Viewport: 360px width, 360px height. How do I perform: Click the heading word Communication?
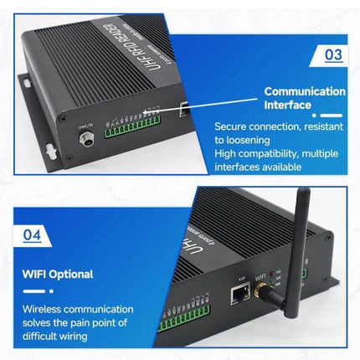point(304,91)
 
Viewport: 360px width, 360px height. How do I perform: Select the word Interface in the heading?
point(288,105)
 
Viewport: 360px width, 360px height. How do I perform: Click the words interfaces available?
point(261,167)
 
